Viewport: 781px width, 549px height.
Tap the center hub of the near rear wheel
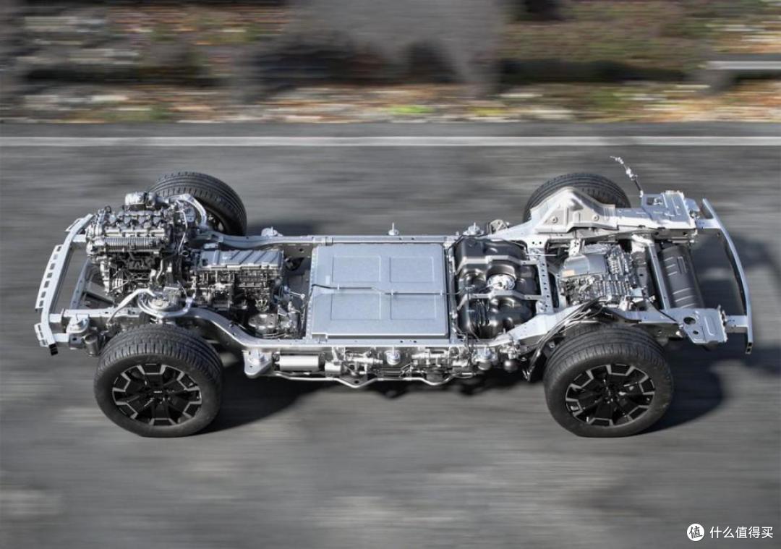coord(609,394)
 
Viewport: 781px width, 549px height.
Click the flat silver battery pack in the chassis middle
coord(380,290)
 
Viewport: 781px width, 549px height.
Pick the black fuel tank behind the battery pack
coord(495,286)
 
